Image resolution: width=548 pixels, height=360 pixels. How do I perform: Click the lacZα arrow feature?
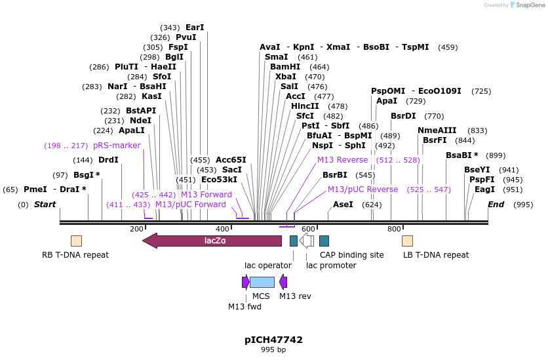coord(212,241)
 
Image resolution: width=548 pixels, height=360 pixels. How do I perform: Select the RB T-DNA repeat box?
coord(76,241)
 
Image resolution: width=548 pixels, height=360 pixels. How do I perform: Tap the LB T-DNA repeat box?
coord(407,241)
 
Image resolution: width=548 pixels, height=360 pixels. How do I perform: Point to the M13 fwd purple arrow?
coord(245,282)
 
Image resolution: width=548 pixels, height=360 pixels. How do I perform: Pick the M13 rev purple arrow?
coord(283,282)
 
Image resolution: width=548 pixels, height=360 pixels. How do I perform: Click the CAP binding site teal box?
coord(324,241)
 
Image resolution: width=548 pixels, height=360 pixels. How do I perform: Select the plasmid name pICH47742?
coord(273,340)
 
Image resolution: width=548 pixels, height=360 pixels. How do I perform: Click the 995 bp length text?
coord(273,350)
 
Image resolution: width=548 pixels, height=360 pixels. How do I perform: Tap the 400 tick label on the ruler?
coord(222,229)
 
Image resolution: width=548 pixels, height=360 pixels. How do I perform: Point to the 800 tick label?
coord(394,229)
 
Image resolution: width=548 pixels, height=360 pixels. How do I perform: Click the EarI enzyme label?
coord(195,28)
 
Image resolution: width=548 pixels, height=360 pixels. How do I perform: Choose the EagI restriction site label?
coord(484,190)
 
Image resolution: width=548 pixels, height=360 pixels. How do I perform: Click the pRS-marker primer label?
coord(117,146)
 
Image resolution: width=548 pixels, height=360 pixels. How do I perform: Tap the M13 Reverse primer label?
coord(342,159)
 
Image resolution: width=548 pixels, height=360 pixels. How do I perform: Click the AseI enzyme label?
coord(343,205)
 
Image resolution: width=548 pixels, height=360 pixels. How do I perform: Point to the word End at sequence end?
coord(496,205)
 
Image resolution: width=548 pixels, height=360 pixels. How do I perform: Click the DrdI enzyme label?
coord(108,160)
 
